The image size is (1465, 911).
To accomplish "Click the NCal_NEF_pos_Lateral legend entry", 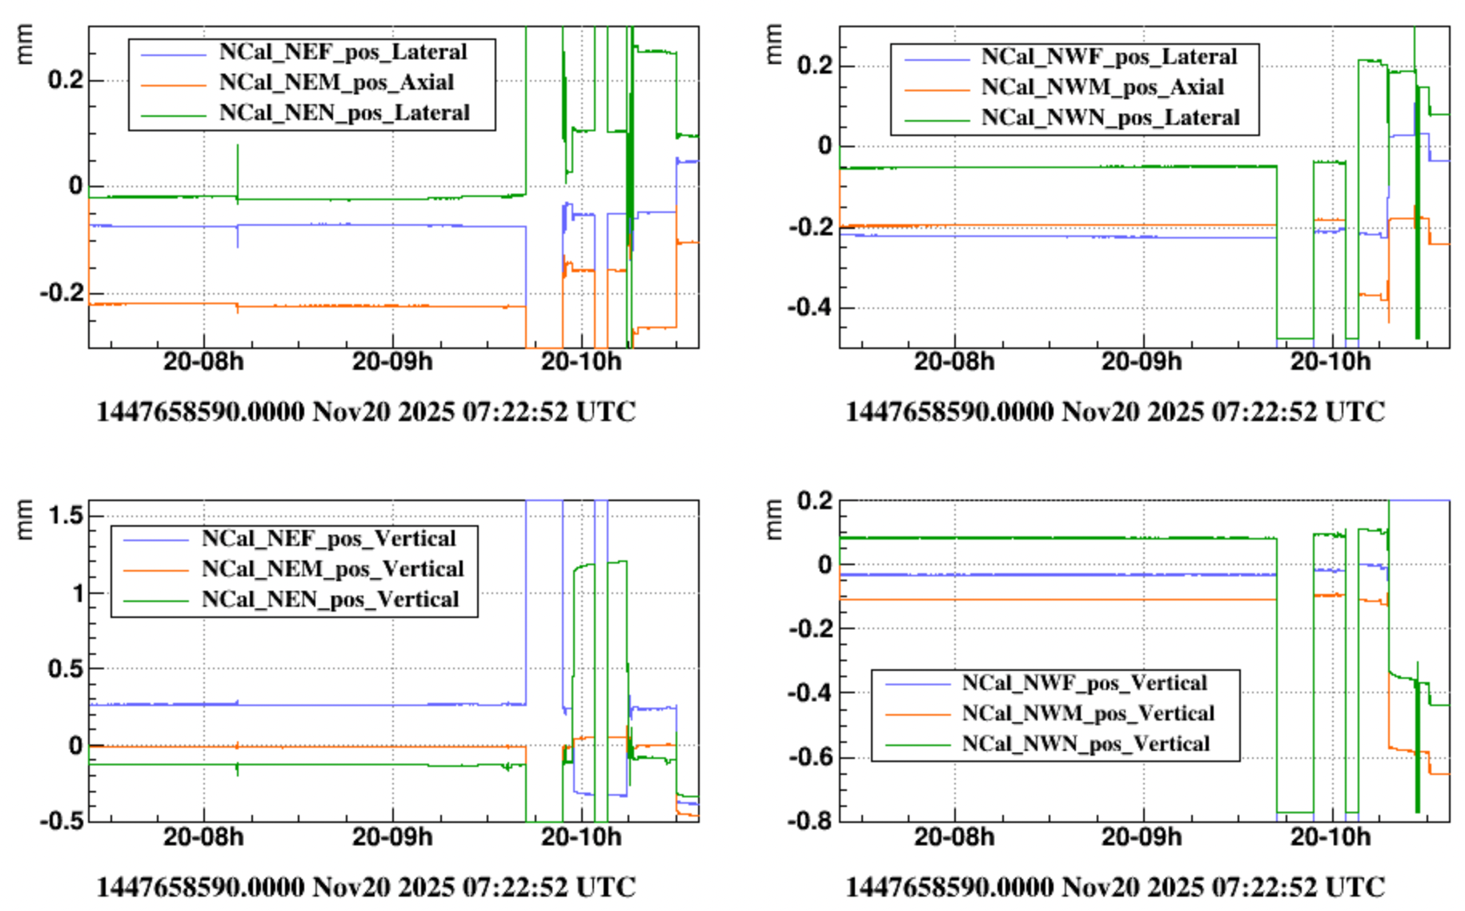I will click(x=343, y=52).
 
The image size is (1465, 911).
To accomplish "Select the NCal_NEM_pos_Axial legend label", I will click(x=336, y=82).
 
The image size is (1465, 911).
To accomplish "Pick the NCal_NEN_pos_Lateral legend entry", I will click(x=344, y=113).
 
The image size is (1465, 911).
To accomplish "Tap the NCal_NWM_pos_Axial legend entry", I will click(x=1102, y=87).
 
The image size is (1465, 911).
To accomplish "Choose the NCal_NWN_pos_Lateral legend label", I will click(x=1110, y=118).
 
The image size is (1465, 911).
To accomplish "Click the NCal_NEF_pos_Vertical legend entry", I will click(x=328, y=539).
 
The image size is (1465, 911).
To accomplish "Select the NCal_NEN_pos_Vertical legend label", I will click(x=330, y=600).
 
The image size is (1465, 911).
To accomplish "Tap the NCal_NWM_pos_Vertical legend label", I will click(x=1088, y=713).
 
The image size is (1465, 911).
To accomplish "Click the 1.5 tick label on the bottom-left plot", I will click(x=66, y=516).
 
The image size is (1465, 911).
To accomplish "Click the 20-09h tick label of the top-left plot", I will click(x=392, y=362).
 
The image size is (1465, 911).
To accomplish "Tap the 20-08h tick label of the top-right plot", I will click(x=953, y=362).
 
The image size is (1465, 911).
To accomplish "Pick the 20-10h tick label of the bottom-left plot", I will click(x=581, y=837).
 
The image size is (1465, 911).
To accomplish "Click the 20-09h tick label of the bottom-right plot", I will click(x=1142, y=837).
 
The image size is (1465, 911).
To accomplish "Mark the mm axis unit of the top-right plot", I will click(x=773, y=45).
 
